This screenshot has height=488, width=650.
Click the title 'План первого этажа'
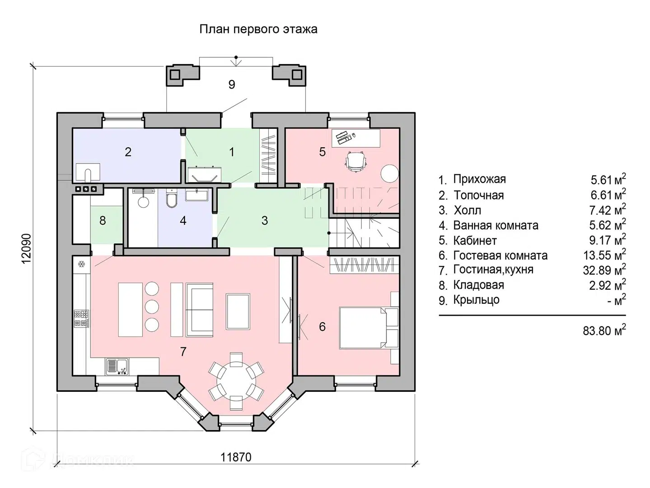coord(258,29)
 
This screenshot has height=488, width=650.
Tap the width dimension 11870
coord(236,457)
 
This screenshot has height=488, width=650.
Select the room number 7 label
coord(183,352)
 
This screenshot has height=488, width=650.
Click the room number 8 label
coord(103,221)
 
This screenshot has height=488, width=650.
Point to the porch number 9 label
coord(232,84)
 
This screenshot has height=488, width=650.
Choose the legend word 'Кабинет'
coord(475,240)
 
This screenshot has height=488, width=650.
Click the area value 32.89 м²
coord(604,270)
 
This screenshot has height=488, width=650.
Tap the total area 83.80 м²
coord(604,331)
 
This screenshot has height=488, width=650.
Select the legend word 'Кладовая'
coord(478,285)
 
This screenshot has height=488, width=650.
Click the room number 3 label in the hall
coord(265,221)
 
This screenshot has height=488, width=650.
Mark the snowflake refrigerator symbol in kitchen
coord(82,264)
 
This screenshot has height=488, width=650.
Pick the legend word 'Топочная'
coord(478,195)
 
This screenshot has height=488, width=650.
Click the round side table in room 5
coord(389,173)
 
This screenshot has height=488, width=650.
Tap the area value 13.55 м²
coord(604,255)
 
